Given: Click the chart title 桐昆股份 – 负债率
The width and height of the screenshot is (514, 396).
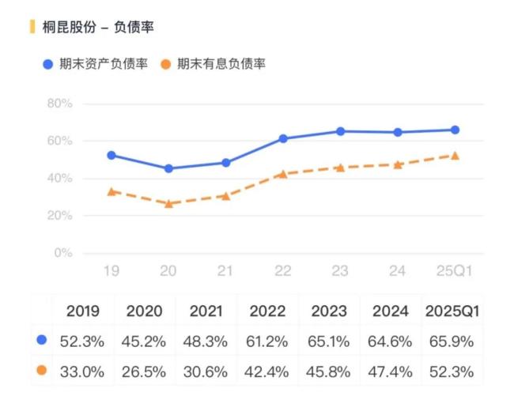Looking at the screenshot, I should click(x=99, y=27).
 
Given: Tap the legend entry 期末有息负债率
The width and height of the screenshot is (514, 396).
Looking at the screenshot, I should click(x=221, y=64).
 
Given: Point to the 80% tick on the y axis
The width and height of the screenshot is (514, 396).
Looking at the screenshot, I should click(x=59, y=104).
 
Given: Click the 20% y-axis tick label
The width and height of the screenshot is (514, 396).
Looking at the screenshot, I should click(x=59, y=216).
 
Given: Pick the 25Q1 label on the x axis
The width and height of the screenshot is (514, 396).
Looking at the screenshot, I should click(x=454, y=271).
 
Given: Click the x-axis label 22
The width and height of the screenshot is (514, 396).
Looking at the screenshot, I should click(x=282, y=271).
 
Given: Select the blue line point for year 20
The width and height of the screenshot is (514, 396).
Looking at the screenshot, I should click(x=168, y=168).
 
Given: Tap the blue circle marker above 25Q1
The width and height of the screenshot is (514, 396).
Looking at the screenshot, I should click(x=455, y=130).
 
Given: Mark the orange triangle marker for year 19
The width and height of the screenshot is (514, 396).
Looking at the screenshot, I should click(x=111, y=191).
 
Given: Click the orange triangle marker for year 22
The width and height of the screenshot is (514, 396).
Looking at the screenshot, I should click(x=282, y=173).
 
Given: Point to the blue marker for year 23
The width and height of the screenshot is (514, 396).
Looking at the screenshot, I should click(x=340, y=131).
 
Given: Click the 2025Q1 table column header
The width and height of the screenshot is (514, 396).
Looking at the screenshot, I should click(x=453, y=311).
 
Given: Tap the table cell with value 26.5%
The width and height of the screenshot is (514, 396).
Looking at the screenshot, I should click(x=145, y=370).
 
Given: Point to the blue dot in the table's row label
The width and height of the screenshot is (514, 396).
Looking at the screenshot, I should click(x=41, y=341).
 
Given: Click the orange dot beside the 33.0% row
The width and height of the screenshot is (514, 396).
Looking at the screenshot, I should click(x=41, y=370).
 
